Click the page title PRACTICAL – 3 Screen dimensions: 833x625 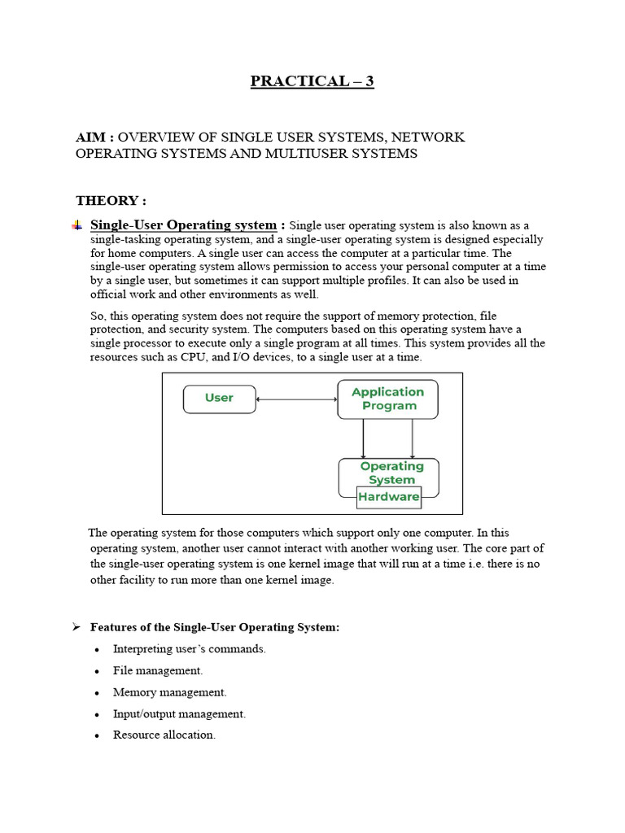(x=312, y=81)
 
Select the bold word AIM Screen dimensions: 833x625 (x=91, y=137)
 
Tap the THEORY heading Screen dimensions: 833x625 (x=111, y=200)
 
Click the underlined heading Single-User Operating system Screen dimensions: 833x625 (x=183, y=225)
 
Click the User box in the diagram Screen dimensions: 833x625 (x=219, y=399)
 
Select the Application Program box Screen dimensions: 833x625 (x=387, y=399)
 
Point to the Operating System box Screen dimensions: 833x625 (x=391, y=473)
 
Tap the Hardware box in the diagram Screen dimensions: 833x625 (x=389, y=497)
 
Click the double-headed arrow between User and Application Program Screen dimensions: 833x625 (x=296, y=399)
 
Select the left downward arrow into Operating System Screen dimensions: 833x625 (x=363, y=438)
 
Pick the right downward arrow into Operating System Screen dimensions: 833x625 (x=413, y=438)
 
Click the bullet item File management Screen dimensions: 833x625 (x=158, y=670)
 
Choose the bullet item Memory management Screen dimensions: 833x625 (x=169, y=692)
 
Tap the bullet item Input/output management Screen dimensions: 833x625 (x=179, y=713)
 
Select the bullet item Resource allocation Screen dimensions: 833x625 (x=164, y=735)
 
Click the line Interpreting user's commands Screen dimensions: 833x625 (x=190, y=649)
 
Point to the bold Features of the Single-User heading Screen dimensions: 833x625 (x=215, y=627)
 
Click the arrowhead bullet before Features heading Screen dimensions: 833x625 (x=76, y=627)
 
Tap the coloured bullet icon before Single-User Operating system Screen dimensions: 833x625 (x=77, y=225)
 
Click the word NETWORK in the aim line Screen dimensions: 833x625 (x=429, y=137)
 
